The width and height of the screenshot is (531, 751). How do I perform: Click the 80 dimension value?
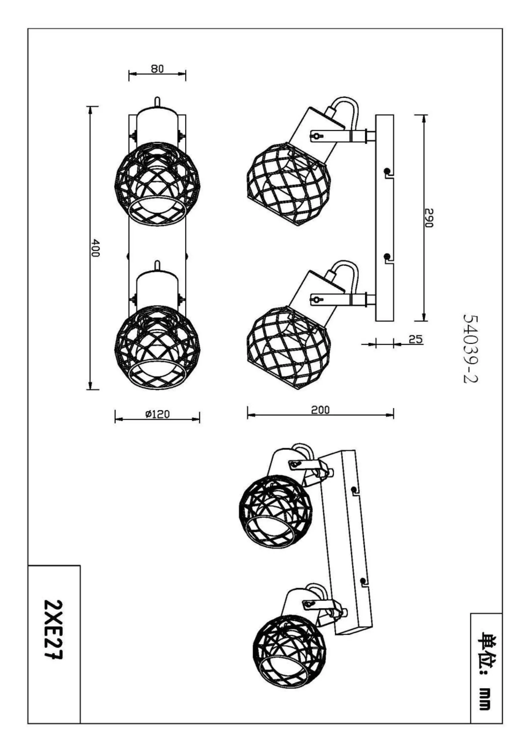(157, 69)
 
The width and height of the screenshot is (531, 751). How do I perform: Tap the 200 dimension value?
(320, 410)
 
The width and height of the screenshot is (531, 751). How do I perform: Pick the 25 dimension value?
(415, 339)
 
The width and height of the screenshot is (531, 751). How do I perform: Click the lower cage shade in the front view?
(157, 347)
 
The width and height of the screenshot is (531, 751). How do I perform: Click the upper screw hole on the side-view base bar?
(387, 171)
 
